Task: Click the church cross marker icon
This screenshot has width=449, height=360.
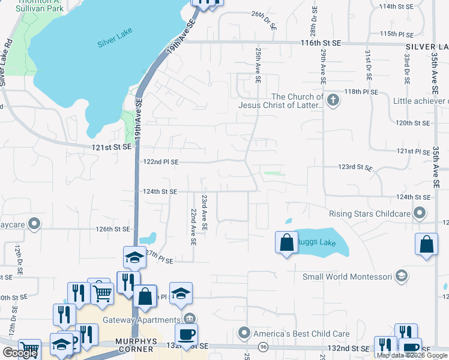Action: (333, 100)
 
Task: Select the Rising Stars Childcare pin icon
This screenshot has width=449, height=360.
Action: (420, 213)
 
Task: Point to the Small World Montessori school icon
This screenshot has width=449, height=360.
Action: (402, 276)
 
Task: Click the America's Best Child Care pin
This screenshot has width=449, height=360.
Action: (244, 332)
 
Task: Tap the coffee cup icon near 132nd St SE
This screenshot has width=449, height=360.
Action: (185, 334)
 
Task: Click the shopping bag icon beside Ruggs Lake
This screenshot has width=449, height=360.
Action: (286, 242)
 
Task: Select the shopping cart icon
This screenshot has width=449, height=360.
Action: (103, 293)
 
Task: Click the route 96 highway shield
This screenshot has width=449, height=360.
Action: (263, 347)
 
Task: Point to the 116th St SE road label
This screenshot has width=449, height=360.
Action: (320, 43)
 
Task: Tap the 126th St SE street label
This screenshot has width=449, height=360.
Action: (112, 229)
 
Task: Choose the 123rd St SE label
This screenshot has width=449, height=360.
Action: (356, 167)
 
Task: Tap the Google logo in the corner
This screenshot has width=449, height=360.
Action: (20, 352)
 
